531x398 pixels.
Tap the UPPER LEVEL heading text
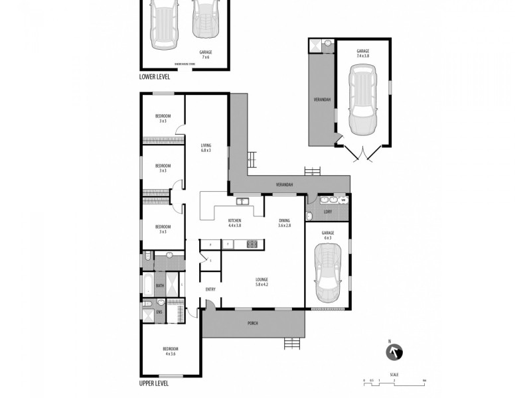(x=154, y=383)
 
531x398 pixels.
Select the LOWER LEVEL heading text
(x=155, y=77)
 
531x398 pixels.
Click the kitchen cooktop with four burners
(x=252, y=244)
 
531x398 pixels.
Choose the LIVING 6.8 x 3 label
(x=206, y=147)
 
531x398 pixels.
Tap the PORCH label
(x=252, y=323)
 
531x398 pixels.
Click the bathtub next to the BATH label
(x=147, y=286)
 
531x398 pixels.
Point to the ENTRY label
(x=210, y=289)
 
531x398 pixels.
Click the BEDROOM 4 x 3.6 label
(x=171, y=351)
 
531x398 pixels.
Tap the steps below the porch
(x=291, y=343)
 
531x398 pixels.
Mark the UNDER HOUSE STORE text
(x=184, y=64)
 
